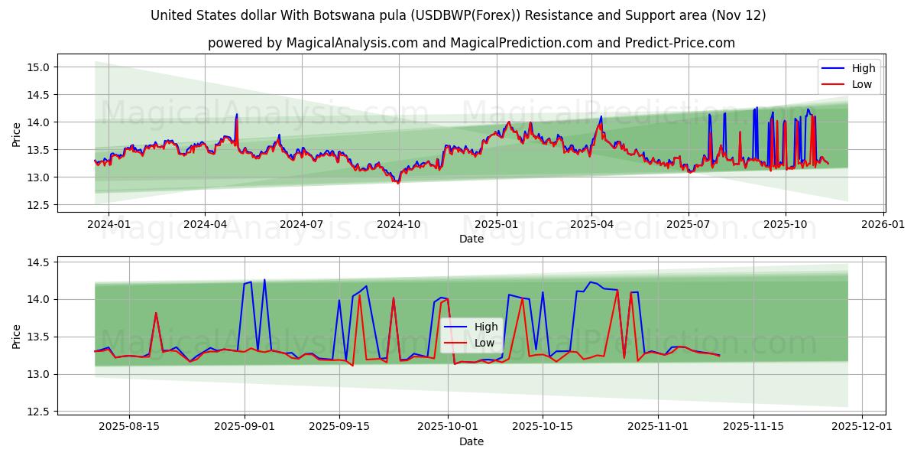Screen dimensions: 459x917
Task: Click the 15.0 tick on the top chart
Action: [39, 67]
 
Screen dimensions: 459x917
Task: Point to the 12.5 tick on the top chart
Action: [39, 205]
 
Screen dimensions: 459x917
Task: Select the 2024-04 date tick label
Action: [205, 224]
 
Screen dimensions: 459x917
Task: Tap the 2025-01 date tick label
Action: [496, 224]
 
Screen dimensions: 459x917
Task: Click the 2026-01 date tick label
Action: [884, 224]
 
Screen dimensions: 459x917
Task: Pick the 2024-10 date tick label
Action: [398, 224]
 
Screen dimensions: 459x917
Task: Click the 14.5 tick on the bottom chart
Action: [39, 262]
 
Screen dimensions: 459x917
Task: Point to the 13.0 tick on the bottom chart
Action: [39, 374]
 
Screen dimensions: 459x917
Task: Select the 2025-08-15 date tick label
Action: [129, 426]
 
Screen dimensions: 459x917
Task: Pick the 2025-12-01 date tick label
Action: [863, 426]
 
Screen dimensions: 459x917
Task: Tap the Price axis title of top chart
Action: [17, 135]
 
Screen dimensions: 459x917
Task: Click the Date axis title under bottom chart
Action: [471, 441]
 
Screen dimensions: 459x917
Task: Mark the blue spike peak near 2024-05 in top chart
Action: [237, 114]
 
